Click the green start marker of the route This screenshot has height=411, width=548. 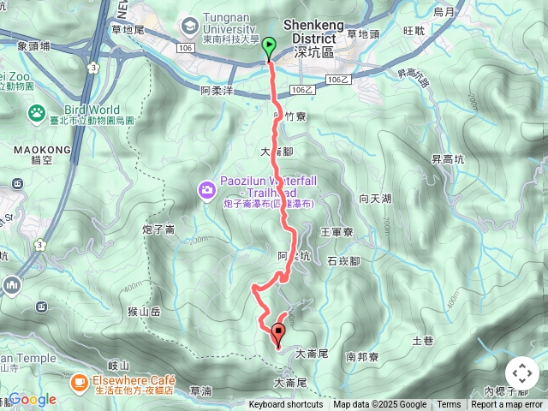click(x=269, y=48)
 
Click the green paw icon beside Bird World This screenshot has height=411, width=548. click(x=37, y=112)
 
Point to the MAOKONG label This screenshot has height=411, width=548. click(x=35, y=149)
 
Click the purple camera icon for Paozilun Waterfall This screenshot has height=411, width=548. click(x=205, y=189)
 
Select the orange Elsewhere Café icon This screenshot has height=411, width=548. click(x=80, y=380)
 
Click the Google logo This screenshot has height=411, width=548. click(x=33, y=399)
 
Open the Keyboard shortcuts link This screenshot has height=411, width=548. click(x=286, y=405)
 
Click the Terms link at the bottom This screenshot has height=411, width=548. click(x=449, y=405)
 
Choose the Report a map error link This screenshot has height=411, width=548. click(x=509, y=405)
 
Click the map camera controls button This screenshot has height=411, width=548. click(x=522, y=373)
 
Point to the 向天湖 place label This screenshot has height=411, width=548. click(x=375, y=199)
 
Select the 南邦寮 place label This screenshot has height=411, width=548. click(x=362, y=356)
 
